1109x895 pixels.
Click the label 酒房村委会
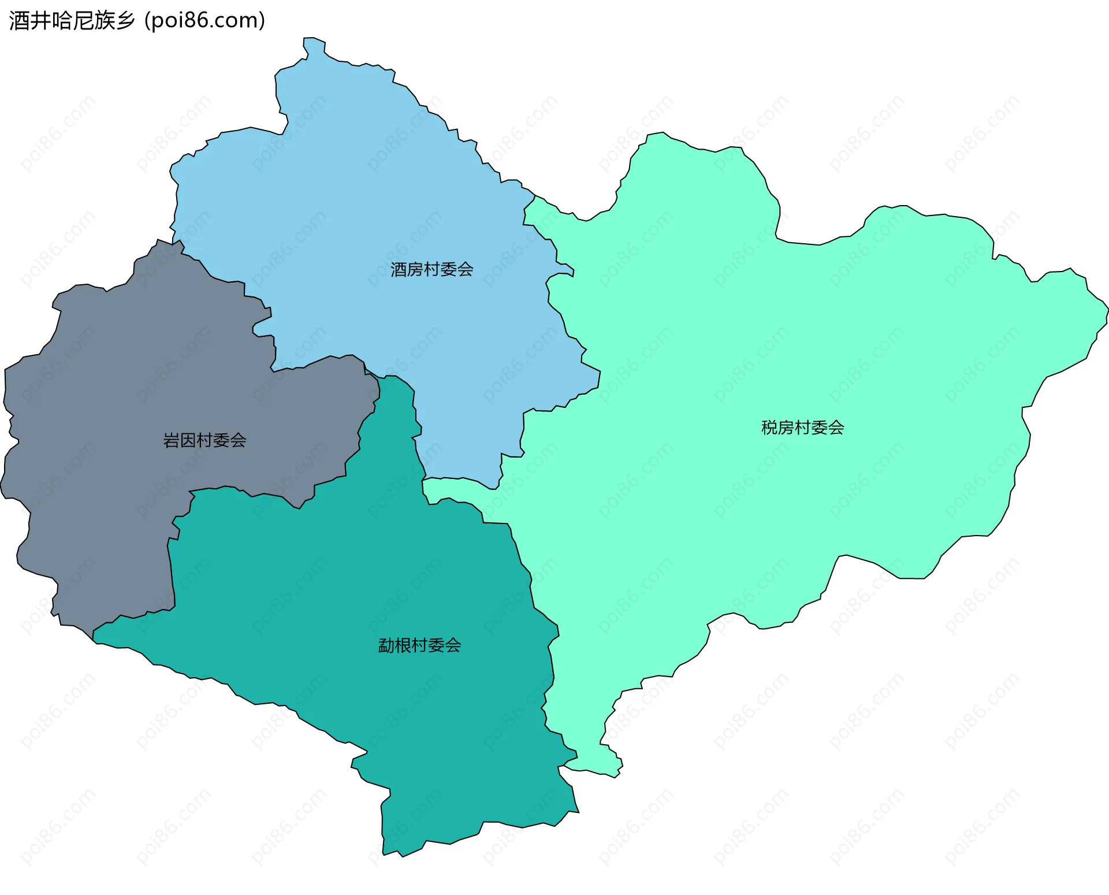click(x=431, y=269)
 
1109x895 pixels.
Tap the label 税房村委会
click(x=802, y=428)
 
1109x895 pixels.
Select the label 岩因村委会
click(x=204, y=440)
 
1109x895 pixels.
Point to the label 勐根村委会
click(x=419, y=645)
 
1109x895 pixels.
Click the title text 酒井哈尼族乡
click(x=72, y=21)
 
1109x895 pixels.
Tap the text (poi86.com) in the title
click(x=204, y=21)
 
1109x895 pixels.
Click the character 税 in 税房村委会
click(x=769, y=428)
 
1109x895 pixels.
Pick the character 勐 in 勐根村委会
click(x=386, y=645)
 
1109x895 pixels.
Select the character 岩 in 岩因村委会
click(x=172, y=440)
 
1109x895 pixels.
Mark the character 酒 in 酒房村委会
click(x=399, y=269)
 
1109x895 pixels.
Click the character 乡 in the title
click(x=125, y=21)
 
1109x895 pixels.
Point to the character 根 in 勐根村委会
click(x=403, y=645)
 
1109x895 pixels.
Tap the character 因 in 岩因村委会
click(x=188, y=440)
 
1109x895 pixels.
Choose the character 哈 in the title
click(x=61, y=21)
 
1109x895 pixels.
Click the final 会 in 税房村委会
click(x=836, y=428)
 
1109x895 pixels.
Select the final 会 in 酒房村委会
click(x=465, y=269)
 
